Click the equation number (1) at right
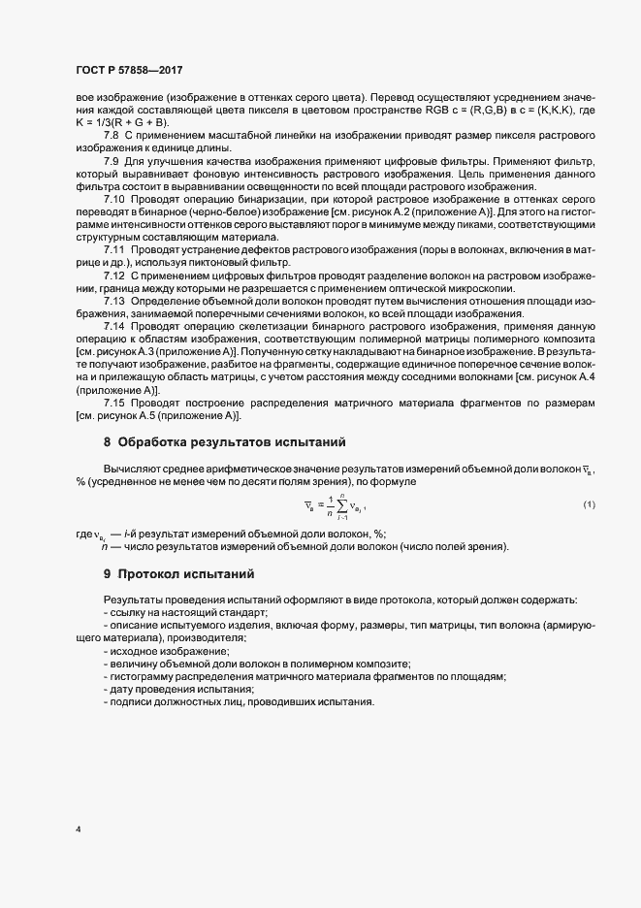pos(589,505)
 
